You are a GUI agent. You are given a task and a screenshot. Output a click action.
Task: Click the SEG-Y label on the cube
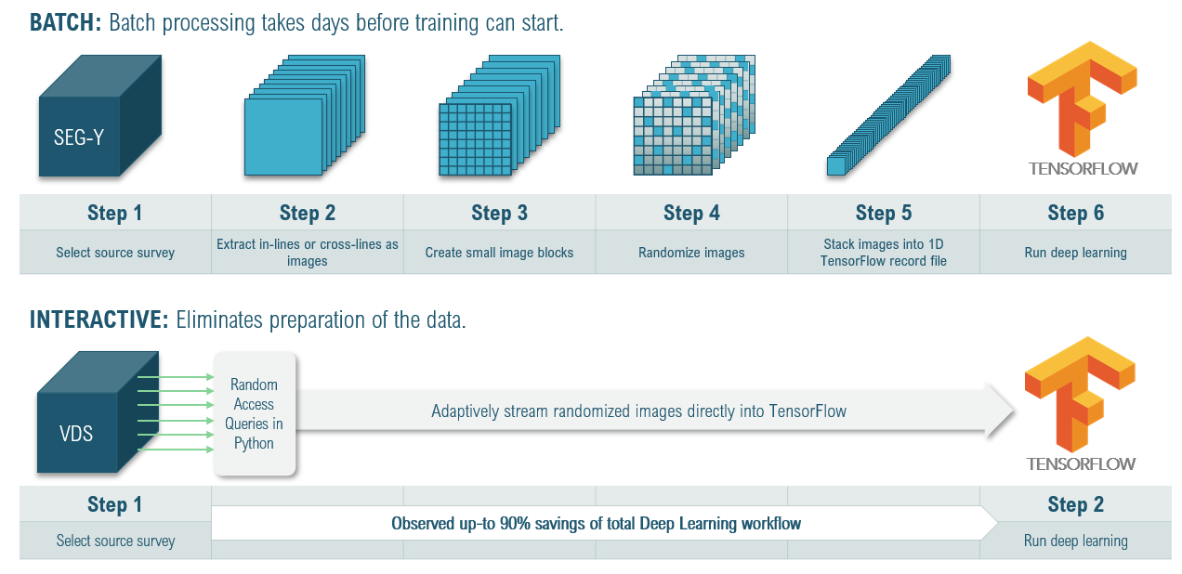(79, 137)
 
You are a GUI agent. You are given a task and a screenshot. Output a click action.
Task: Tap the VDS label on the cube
(76, 434)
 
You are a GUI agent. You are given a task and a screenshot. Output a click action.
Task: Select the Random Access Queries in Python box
(255, 413)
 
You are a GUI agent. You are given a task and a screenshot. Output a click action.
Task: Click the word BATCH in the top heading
(65, 22)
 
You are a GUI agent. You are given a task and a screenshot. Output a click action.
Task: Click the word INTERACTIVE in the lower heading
(98, 320)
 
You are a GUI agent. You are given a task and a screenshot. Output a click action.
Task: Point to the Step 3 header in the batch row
(499, 213)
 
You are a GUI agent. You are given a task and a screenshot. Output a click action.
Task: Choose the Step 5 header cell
(884, 213)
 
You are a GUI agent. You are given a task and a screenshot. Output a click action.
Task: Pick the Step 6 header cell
(1075, 213)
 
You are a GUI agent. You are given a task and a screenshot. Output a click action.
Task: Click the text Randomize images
(691, 253)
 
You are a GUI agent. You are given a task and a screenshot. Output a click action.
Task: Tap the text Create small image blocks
(499, 253)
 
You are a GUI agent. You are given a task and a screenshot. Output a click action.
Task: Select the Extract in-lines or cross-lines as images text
(307, 253)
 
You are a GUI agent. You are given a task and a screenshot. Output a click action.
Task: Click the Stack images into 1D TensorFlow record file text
(884, 253)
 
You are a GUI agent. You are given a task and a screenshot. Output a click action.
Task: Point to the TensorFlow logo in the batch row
(1083, 109)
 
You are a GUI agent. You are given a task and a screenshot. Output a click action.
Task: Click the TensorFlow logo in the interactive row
(1080, 404)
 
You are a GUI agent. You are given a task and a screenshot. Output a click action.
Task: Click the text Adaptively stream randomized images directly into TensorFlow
(638, 411)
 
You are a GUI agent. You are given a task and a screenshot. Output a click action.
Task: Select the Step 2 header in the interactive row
(1075, 504)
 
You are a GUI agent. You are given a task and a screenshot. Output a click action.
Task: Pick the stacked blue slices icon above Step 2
(305, 115)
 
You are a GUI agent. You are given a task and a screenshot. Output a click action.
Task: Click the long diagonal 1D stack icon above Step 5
(888, 115)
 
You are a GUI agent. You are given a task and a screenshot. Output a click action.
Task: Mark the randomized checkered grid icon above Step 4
(694, 115)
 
